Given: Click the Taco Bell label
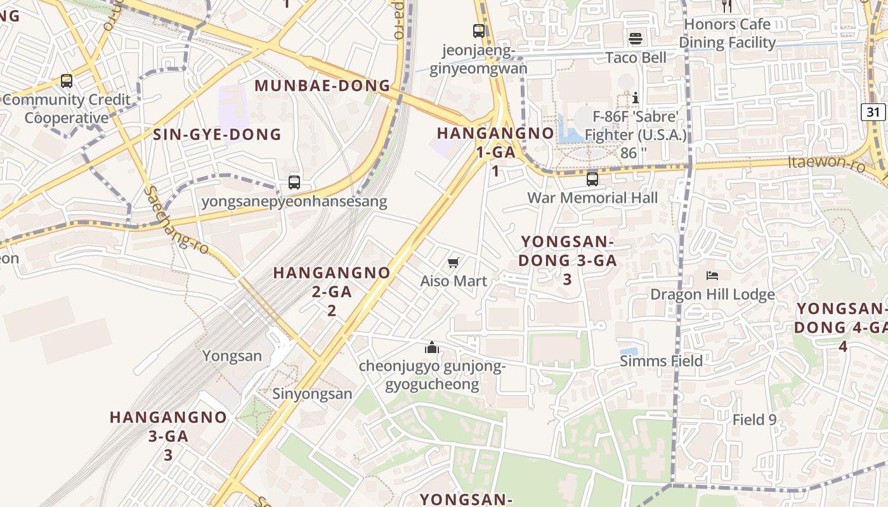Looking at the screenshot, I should [x=636, y=58].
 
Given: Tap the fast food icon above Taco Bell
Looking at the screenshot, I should [x=636, y=39].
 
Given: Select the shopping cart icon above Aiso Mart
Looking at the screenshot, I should [x=454, y=262].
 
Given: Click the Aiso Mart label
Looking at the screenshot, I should [x=454, y=281].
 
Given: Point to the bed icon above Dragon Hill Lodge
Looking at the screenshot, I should [x=712, y=276].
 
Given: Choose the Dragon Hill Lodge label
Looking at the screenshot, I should [x=712, y=295].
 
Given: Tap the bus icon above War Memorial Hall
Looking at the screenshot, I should [x=592, y=179].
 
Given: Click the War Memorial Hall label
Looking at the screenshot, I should [x=592, y=198].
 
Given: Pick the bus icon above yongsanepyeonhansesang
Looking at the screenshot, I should [x=294, y=183].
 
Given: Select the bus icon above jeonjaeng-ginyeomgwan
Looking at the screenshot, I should [x=479, y=30].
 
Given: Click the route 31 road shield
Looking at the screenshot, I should [x=873, y=112].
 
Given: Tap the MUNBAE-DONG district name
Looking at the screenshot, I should [x=322, y=86].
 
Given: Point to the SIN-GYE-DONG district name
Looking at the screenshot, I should [x=217, y=134].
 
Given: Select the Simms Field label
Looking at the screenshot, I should [x=661, y=361].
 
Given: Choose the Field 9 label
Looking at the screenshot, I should [x=754, y=420].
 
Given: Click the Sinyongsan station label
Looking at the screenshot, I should [x=312, y=394].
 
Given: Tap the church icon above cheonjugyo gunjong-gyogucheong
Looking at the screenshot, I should [x=432, y=347].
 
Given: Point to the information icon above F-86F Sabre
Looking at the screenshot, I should [x=635, y=98].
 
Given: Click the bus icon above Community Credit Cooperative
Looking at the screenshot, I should [x=67, y=81].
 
